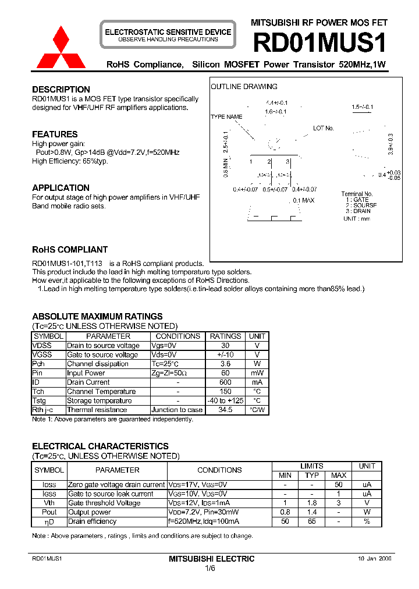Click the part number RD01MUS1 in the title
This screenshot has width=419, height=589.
319,43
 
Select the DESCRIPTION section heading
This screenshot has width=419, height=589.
61,90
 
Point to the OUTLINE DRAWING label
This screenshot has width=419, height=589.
244,87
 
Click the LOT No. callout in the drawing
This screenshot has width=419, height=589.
324,128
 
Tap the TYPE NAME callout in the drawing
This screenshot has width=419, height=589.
226,117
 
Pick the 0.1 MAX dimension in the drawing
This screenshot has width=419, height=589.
303,200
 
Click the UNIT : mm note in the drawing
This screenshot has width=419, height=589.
357,219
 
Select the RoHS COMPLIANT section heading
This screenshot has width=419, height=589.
70,250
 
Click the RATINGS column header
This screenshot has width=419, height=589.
225,336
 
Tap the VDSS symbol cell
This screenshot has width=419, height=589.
42,346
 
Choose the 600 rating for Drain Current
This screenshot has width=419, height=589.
225,382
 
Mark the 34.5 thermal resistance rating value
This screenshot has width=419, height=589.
225,410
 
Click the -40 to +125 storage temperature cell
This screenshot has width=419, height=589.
225,401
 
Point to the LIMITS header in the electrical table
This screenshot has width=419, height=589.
312,466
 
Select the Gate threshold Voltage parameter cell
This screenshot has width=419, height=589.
104,503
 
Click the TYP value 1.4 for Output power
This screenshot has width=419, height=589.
312,512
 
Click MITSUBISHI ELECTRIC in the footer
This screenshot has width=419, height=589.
211,559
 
